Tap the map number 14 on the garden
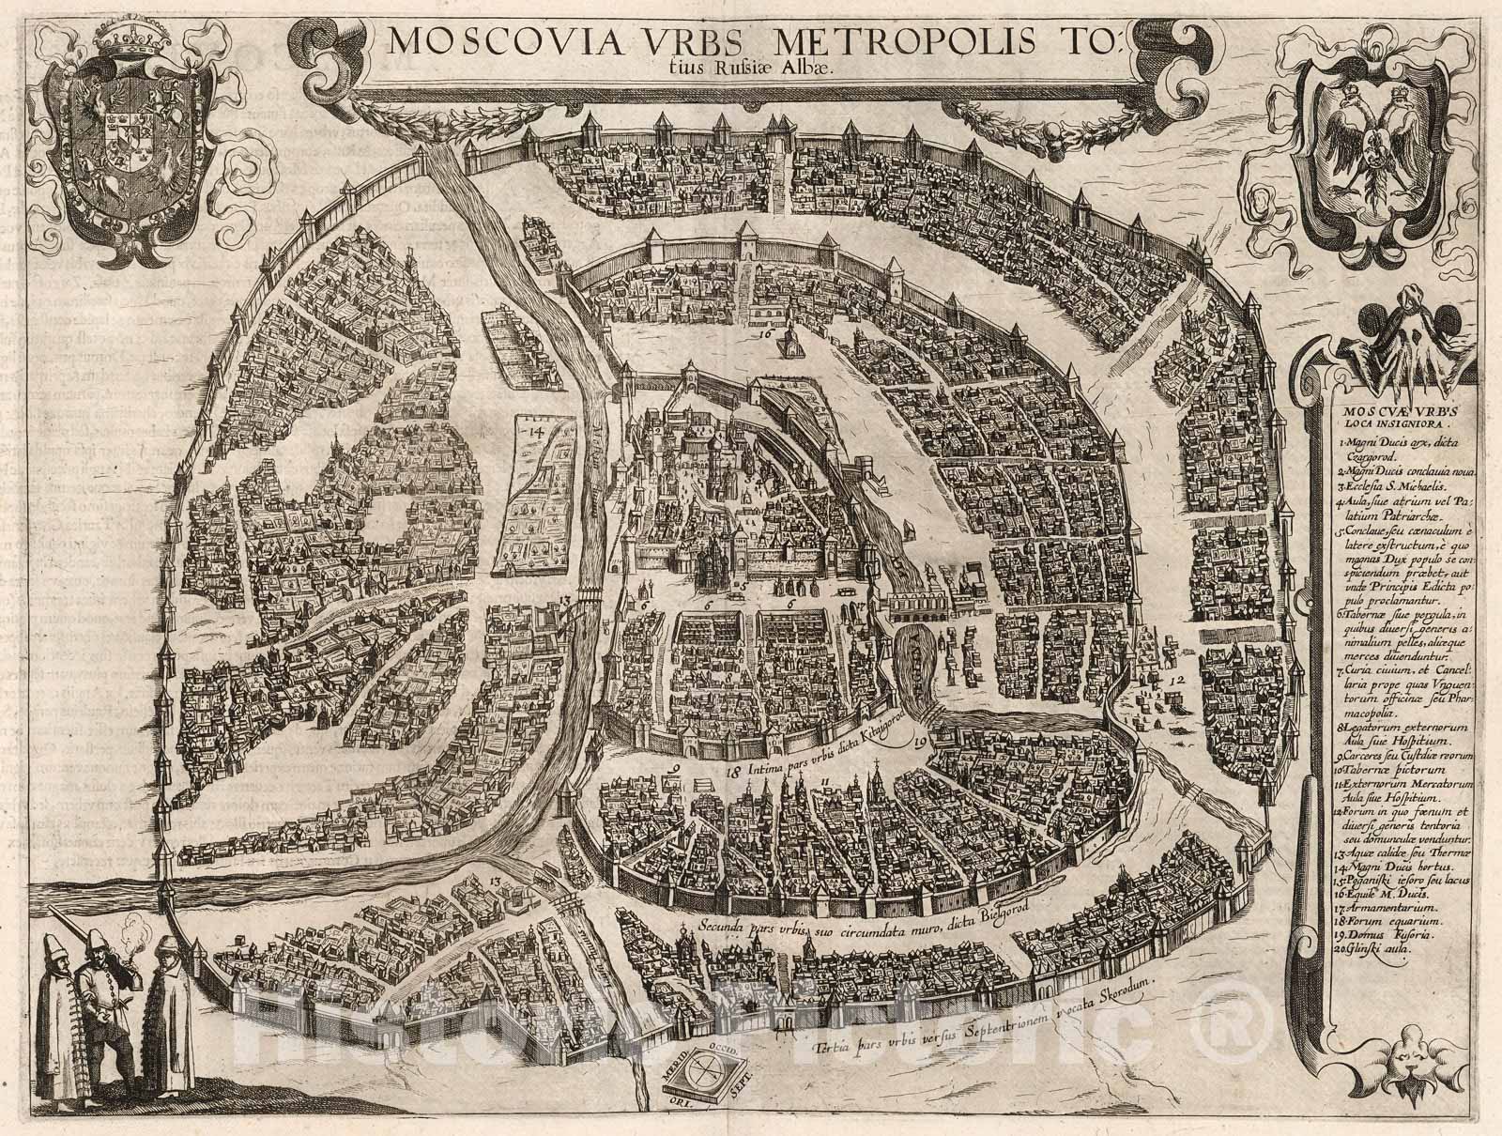click(537, 432)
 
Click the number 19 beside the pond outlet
click(920, 742)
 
